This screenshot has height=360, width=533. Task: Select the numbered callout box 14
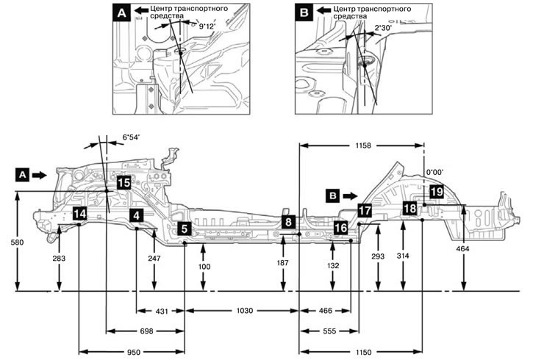point(79,214)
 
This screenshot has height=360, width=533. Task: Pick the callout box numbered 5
point(184,228)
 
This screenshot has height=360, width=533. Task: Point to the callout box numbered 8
point(289,221)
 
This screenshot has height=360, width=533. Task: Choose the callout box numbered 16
point(340,228)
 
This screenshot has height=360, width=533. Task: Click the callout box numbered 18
point(409,209)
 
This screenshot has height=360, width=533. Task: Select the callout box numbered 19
point(436,192)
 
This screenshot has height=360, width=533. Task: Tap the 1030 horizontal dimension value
point(245,311)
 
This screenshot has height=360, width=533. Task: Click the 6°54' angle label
point(131,137)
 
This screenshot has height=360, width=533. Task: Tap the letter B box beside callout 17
point(334,196)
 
